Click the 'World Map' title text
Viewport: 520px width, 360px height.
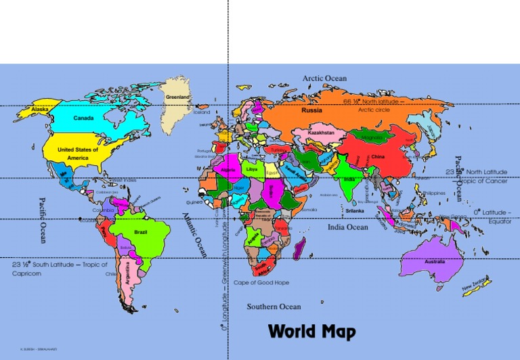(x=311, y=332)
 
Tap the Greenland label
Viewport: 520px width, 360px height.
(x=177, y=97)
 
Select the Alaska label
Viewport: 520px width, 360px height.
(x=39, y=109)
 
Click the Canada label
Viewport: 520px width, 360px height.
(x=83, y=118)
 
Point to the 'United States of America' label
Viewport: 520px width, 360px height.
(x=78, y=154)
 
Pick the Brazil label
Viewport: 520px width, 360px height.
(x=141, y=232)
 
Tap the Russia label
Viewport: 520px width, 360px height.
(x=312, y=110)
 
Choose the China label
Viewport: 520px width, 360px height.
(x=378, y=157)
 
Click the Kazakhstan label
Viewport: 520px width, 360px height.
(x=321, y=133)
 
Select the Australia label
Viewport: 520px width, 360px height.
(x=435, y=261)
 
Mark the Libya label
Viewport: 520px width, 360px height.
(x=252, y=168)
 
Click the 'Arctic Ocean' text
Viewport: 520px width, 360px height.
(x=324, y=78)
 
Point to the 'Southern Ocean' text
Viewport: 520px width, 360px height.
(x=274, y=307)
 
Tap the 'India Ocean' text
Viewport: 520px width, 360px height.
(x=348, y=227)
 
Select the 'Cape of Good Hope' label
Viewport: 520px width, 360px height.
(x=261, y=282)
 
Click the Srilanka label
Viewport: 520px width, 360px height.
(x=355, y=210)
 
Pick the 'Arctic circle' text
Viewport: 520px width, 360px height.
(x=374, y=110)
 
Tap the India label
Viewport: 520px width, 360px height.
(x=349, y=179)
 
